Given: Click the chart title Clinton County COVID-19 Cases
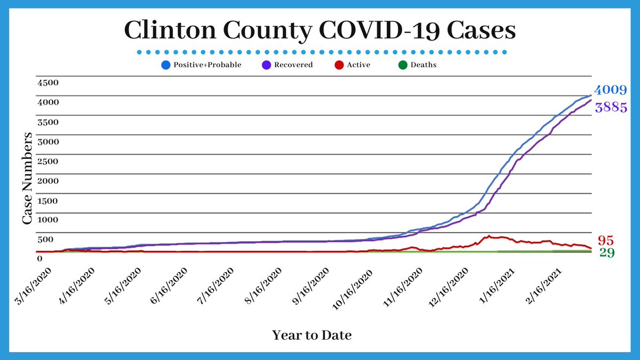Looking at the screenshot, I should coord(320,30).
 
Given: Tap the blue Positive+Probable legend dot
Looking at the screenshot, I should coord(165,65).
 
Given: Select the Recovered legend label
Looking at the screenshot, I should coord(293,65).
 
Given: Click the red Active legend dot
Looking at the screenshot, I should coord(338,65).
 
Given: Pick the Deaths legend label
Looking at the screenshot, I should coord(423,65).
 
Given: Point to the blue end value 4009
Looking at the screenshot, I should coord(610,90).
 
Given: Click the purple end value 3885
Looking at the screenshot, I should coord(610,107).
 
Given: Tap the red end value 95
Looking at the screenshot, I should coord(605,240).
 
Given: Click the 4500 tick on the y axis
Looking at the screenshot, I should coord(47,83).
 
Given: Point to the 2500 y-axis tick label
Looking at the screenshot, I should coord(47,161).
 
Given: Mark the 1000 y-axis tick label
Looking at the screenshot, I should coord(47,220).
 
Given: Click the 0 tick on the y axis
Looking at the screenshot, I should coord(39,259).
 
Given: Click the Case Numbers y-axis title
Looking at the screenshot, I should coord(29,178).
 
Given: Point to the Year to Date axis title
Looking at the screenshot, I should coord(312,335).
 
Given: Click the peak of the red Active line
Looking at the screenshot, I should coord(489,236).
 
